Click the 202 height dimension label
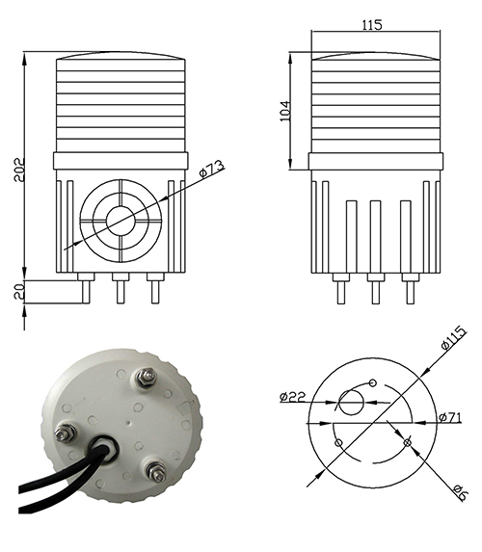19,169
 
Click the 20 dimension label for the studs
19,291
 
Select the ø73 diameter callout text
211,169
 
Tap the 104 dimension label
285,111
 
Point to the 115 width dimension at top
372,25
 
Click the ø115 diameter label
453,338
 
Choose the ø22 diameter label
292,397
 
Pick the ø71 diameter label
450,417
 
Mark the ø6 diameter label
460,492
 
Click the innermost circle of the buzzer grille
120,221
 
